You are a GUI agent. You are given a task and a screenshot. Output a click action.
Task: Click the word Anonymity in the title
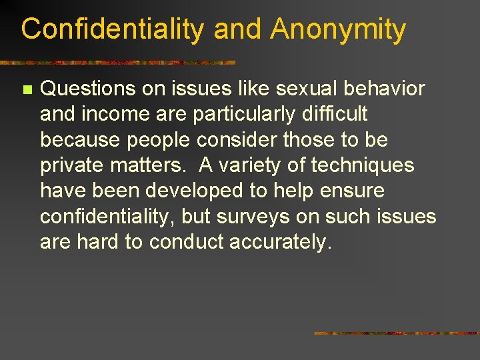338,30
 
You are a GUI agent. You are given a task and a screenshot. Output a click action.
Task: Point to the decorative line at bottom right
397,333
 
